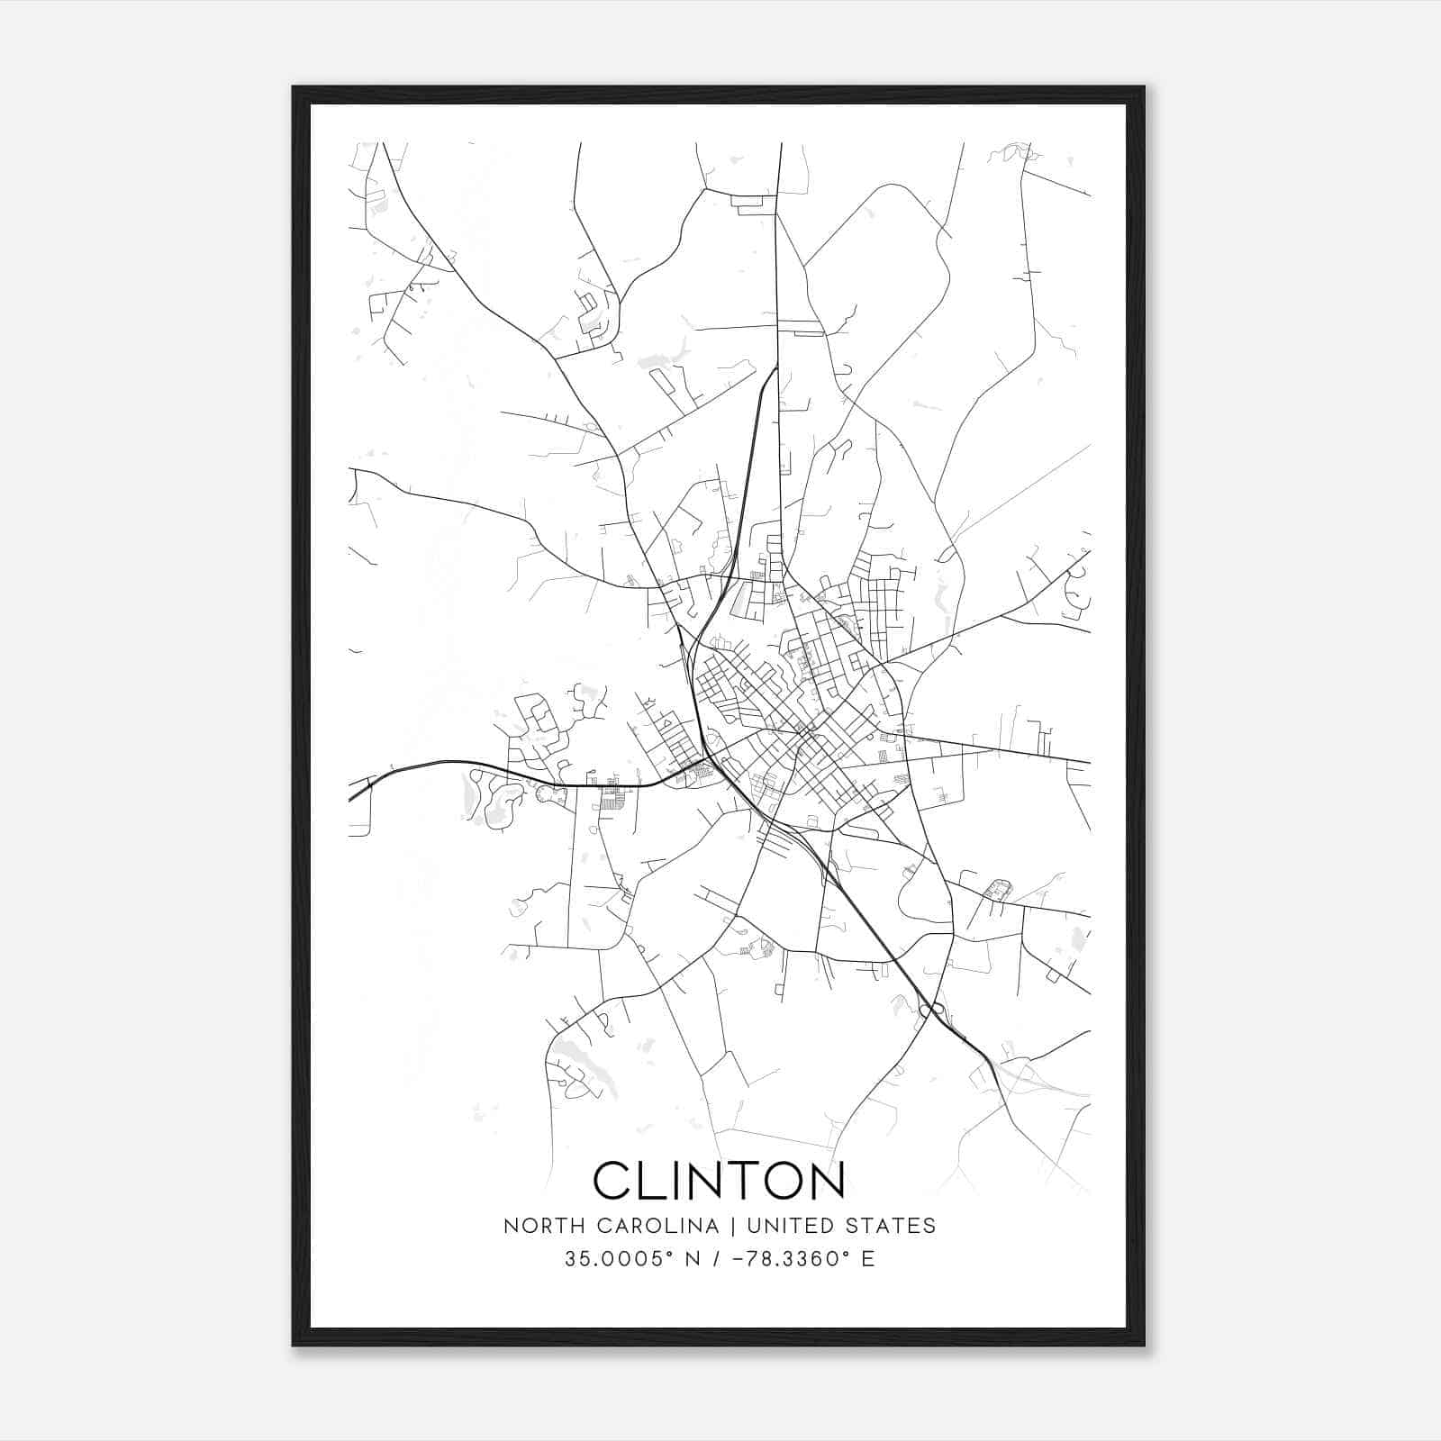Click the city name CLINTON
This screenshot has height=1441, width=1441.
[x=719, y=1180]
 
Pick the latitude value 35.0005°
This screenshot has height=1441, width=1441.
[x=620, y=1259]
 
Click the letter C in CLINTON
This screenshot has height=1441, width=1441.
[x=612, y=1180]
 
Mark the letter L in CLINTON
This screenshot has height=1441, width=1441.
[x=650, y=1180]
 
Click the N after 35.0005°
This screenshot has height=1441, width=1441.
[x=693, y=1259]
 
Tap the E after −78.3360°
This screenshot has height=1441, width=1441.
[x=868, y=1259]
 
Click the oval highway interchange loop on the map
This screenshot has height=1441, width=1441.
[x=931, y=1010]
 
